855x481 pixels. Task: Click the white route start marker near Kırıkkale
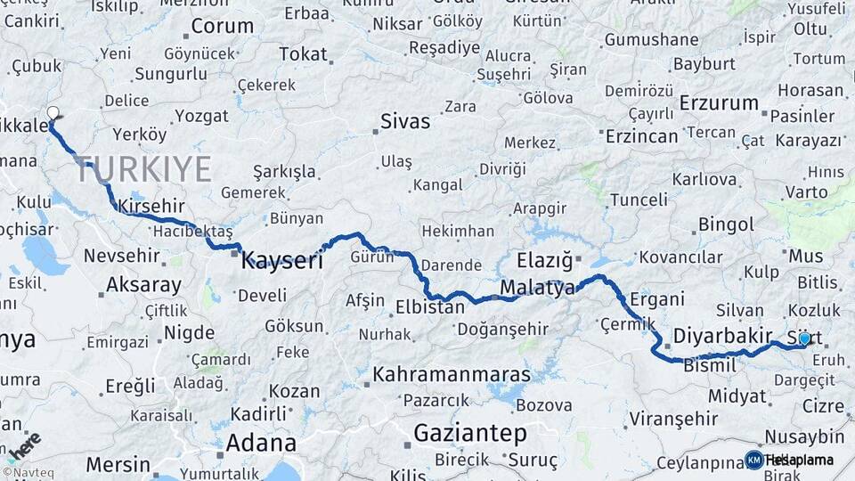(53, 113)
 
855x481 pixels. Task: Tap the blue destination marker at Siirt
(804, 338)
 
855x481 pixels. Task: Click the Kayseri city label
(282, 259)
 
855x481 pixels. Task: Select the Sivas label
(405, 121)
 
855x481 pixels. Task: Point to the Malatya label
(537, 288)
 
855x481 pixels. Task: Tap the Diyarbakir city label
(722, 336)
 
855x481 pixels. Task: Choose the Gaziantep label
(469, 434)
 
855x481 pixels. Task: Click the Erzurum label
(718, 103)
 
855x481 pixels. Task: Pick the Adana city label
(260, 443)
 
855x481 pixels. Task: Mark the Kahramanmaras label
(452, 374)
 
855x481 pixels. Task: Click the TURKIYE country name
(143, 169)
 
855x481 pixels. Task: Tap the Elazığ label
(544, 261)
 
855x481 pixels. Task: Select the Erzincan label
(641, 136)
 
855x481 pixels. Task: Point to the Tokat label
(303, 54)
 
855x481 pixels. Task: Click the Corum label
(222, 26)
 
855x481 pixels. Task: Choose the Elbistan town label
(430, 308)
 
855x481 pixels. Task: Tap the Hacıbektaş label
(180, 231)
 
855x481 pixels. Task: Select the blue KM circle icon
(753, 460)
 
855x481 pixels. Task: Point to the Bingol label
(726, 224)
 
